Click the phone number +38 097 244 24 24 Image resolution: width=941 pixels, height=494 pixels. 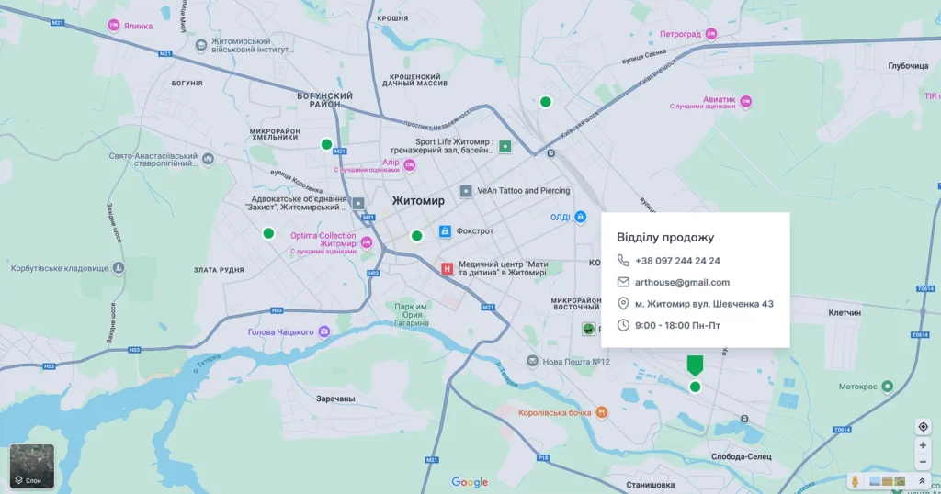(x=677, y=261)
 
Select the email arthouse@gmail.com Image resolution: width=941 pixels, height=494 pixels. (x=682, y=283)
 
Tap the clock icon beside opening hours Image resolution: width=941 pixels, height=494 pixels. (x=623, y=325)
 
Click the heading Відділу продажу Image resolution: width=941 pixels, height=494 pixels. (x=665, y=237)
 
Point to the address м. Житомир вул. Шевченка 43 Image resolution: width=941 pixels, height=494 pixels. (x=704, y=304)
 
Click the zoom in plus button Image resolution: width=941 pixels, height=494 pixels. (x=923, y=445)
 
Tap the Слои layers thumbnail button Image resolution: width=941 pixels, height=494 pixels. (x=32, y=466)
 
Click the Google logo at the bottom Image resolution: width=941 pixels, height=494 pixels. (x=470, y=482)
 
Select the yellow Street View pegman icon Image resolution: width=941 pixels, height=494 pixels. (x=856, y=480)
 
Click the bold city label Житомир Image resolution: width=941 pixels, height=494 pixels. (x=418, y=200)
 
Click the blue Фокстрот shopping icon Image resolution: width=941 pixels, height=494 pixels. (x=446, y=231)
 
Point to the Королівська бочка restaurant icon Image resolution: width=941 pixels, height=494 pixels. (x=601, y=412)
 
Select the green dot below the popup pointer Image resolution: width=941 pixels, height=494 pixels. (x=695, y=387)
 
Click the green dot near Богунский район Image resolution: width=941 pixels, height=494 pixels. (x=326, y=144)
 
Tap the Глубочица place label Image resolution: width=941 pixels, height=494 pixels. (x=909, y=66)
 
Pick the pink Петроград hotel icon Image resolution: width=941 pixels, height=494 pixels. (x=710, y=35)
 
